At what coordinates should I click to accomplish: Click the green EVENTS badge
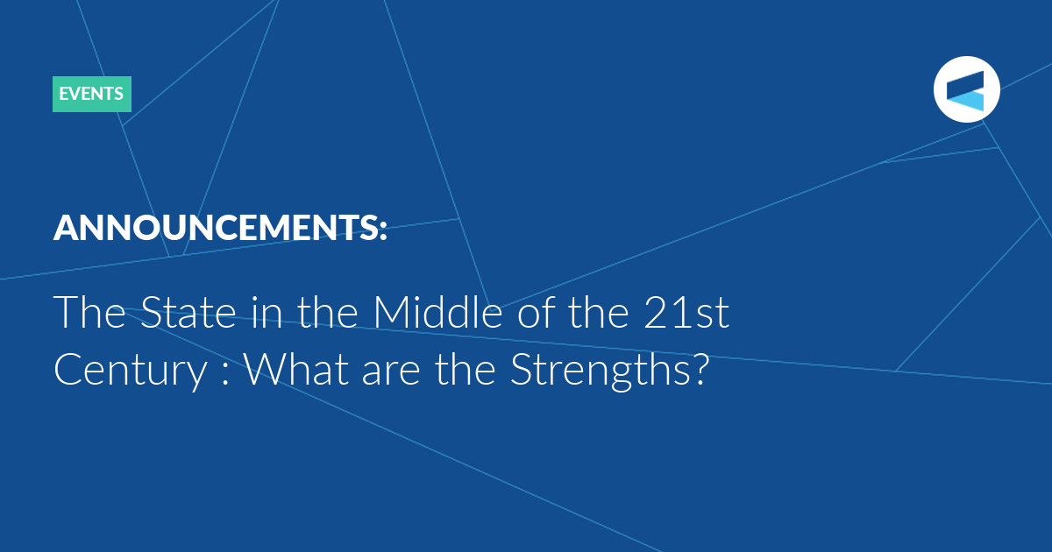click(x=92, y=94)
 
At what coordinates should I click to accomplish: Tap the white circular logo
click(x=966, y=89)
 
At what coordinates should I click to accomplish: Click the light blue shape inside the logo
click(x=965, y=101)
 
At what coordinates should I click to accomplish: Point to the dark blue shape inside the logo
click(x=965, y=83)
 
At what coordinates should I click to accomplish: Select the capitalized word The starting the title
click(x=89, y=311)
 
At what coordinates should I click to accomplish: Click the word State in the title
click(x=188, y=312)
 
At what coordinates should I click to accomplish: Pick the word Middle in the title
click(x=437, y=311)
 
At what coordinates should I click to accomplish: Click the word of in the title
click(x=537, y=311)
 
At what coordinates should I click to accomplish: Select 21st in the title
click(x=686, y=312)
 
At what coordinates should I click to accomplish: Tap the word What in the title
click(x=296, y=369)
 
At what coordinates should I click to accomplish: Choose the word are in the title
click(x=391, y=374)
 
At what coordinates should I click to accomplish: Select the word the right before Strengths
click(x=465, y=369)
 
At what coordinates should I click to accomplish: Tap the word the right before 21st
click(x=598, y=311)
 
